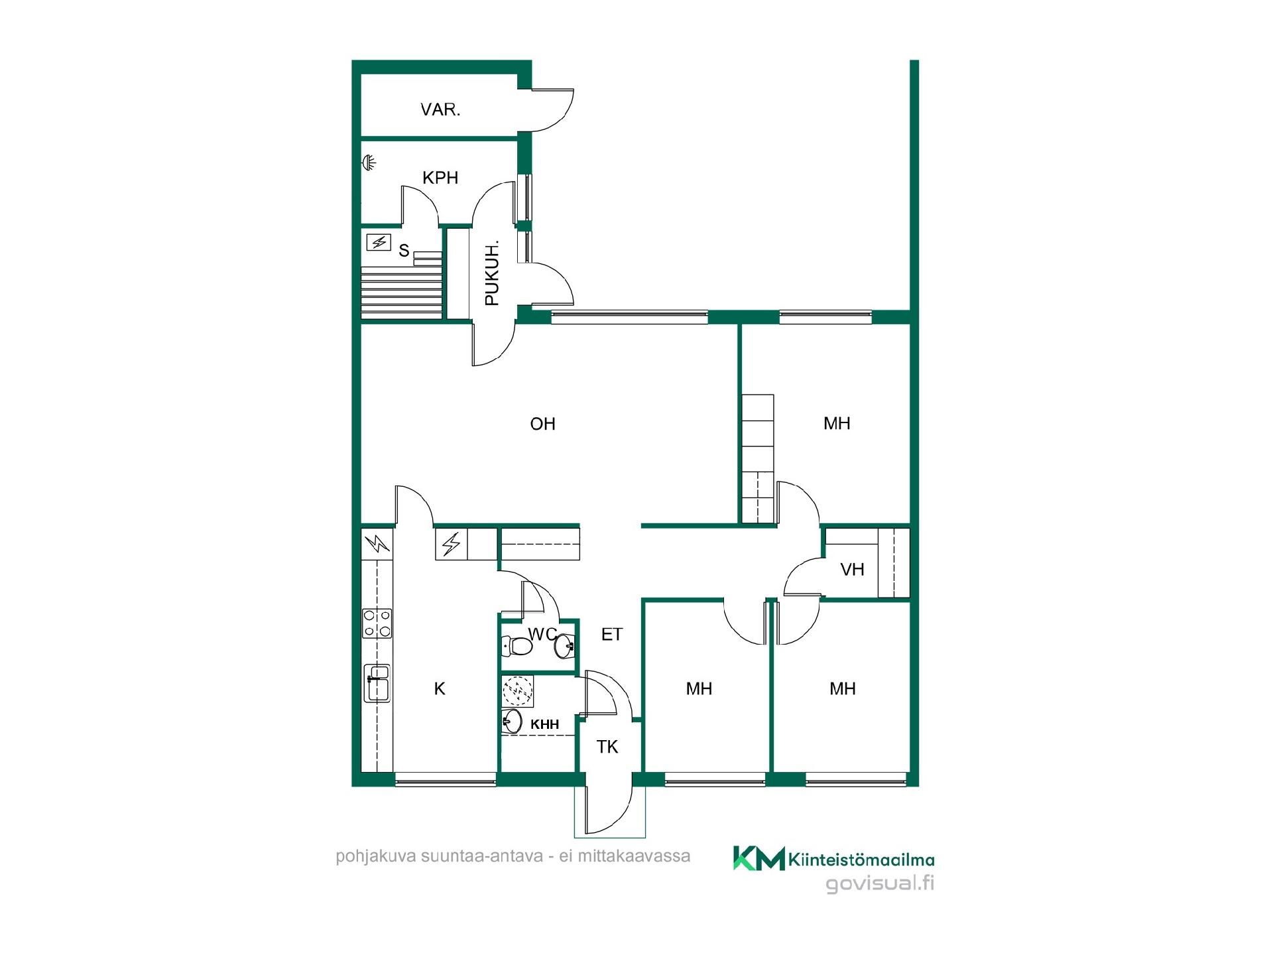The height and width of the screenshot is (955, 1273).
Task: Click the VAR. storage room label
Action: [x=440, y=109]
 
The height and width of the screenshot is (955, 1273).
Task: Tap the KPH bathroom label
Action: [x=440, y=177]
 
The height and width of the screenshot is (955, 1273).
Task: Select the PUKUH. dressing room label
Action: [x=492, y=273]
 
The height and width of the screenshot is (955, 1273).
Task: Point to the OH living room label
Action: [x=542, y=424]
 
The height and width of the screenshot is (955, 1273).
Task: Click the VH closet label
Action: [x=852, y=569]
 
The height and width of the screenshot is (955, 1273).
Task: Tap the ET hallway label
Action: [x=611, y=635]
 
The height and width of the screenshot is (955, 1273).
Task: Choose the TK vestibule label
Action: [x=607, y=747]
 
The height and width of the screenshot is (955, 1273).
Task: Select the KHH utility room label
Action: [x=544, y=724]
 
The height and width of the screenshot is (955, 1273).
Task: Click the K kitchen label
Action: [x=440, y=689]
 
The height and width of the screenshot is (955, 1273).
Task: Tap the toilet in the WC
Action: [x=518, y=645]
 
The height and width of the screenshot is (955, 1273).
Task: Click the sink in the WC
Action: [x=564, y=645]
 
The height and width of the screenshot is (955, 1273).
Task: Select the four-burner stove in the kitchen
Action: [x=377, y=623]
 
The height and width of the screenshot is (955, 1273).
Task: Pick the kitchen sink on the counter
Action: [x=377, y=683]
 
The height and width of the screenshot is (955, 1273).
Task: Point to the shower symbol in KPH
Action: [x=369, y=161]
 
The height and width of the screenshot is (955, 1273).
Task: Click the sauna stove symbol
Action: [x=379, y=242]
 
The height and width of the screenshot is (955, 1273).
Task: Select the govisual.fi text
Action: [x=880, y=883]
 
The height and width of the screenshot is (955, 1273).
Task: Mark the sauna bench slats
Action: [x=401, y=291]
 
